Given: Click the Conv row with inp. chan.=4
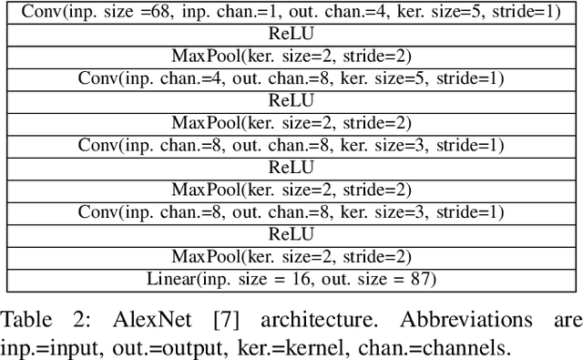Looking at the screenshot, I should pyautogui.click(x=291, y=78).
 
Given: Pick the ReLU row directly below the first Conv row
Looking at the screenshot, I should pyautogui.click(x=291, y=34).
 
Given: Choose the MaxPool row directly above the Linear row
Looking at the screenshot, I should pyautogui.click(x=291, y=256).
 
